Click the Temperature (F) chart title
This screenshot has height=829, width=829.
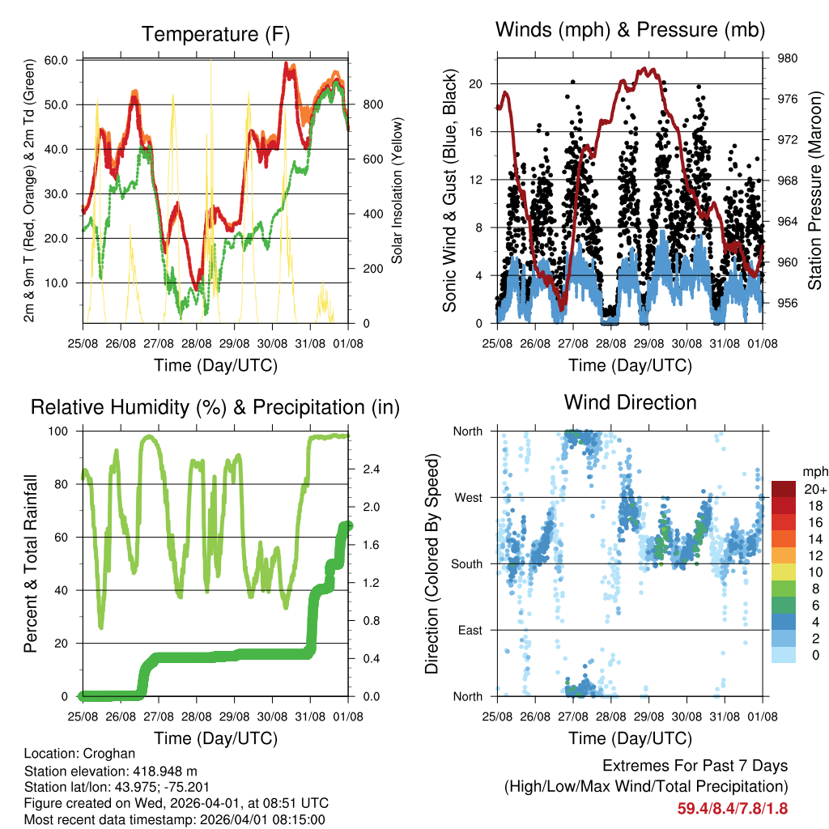click(215, 34)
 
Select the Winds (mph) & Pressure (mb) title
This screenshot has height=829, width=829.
click(630, 31)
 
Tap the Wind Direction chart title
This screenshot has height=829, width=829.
click(630, 402)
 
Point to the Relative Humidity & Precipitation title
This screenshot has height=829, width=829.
click(215, 407)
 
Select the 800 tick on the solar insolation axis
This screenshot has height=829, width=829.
click(372, 104)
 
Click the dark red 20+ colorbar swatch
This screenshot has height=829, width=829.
click(784, 489)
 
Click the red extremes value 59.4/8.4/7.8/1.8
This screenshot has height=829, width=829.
click(732, 808)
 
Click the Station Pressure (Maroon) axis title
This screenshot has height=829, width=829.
click(815, 180)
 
